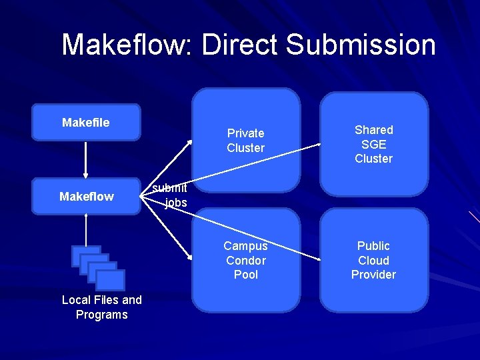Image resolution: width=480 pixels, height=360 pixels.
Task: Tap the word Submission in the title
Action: [360, 45]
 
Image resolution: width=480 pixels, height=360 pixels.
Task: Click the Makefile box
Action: [86, 123]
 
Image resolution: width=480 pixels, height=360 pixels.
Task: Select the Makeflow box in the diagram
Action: [87, 197]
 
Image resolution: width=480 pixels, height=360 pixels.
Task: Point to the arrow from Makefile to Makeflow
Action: [86, 159]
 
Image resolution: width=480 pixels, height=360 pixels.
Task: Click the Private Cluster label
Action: [245, 141]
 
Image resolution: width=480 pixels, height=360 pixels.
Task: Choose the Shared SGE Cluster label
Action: [373, 144]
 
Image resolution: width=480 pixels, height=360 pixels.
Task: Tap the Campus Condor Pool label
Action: [245, 260]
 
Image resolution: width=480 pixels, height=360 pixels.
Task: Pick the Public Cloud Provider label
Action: [373, 260]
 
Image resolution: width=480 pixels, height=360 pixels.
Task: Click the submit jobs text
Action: [169, 195]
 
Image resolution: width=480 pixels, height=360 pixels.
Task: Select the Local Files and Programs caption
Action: [101, 307]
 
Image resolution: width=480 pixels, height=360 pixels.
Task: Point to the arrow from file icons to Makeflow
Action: [86, 230]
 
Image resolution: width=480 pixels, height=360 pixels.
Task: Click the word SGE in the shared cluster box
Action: [373, 144]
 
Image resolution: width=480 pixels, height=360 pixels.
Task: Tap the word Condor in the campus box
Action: [245, 261]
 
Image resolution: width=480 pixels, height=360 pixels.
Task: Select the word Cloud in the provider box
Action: [373, 261]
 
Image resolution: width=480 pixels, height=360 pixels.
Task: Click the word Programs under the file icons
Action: [101, 315]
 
